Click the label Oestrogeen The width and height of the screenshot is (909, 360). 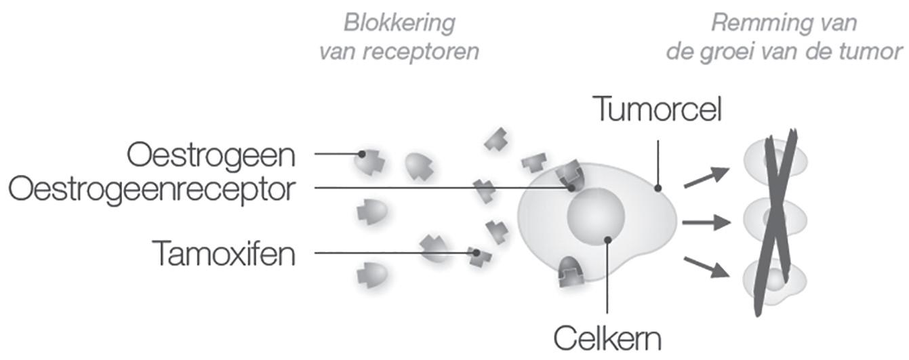coord(211,155)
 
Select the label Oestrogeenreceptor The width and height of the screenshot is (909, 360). coord(153,189)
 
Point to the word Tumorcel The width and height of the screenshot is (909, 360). coord(657,109)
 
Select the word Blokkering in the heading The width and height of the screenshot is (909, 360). coord(399,22)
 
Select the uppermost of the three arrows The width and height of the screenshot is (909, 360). coord(706,177)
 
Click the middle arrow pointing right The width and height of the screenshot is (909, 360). coord(706,222)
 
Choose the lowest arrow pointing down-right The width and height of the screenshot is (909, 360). coord(706,266)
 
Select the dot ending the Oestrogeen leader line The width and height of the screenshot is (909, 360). coord(363,154)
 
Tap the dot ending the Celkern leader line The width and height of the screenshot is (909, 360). coord(608,239)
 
